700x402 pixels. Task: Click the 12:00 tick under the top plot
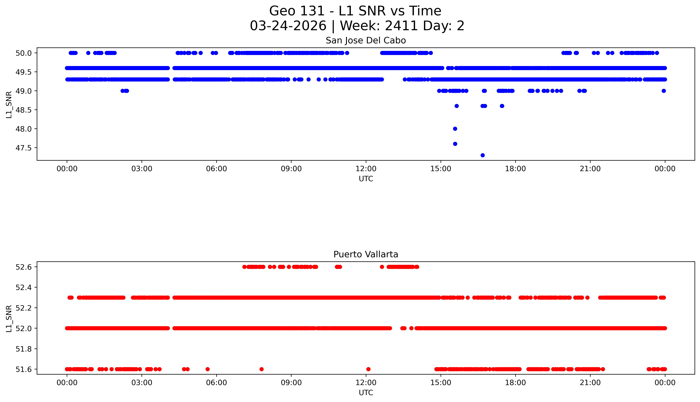click(366, 169)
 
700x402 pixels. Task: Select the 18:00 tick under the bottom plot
click(515, 383)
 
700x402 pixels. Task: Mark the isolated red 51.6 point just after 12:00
click(368, 369)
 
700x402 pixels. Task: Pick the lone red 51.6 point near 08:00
click(262, 369)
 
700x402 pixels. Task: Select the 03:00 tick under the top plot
click(142, 169)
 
